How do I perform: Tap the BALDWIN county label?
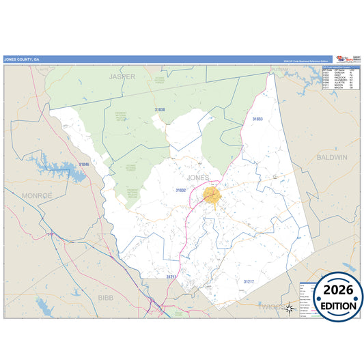[x=333, y=157]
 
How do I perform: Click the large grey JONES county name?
[x=197, y=178]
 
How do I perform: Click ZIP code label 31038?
[x=160, y=109]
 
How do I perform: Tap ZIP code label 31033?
[x=257, y=120]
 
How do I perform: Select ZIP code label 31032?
[x=180, y=191]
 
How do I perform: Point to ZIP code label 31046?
[x=83, y=165]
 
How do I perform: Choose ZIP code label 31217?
[x=249, y=281]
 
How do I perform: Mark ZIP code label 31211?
[x=171, y=277]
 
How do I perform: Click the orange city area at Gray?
[x=212, y=196]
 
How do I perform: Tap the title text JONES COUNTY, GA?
[x=23, y=59]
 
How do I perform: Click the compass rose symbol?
[x=290, y=308]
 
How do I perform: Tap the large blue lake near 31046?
[x=58, y=169]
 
